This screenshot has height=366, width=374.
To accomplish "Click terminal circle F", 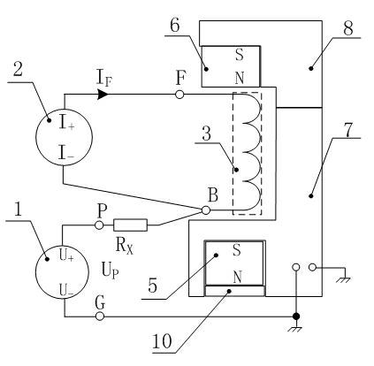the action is pos(179,95).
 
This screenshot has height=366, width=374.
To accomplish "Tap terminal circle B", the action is pos(206,210).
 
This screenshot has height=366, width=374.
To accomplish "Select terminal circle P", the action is pos(99,225).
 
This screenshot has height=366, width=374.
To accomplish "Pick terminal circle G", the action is pos(100,316).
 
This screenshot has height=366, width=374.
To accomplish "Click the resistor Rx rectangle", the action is pos(130,225).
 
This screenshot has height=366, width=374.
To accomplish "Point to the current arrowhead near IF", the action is pos(103,95).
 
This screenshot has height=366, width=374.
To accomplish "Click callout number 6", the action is pos(175,26).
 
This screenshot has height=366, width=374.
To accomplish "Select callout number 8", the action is pos(347,28).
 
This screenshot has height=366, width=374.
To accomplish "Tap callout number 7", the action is pos(348,130).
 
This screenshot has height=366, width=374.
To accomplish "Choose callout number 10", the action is pos(162,341).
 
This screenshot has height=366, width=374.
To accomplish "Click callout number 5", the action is pos(153,286).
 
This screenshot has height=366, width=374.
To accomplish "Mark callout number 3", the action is pos(207,133).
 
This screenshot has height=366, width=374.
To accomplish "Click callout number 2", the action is pos(18,70).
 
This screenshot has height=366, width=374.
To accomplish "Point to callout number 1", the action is pos(19,210).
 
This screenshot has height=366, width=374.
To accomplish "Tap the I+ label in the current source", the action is pos(66,122).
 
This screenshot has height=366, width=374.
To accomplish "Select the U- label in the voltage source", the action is pos(66,289).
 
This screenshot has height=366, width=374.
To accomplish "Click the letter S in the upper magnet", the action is pos(240,55).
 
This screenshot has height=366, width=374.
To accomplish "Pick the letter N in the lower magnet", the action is pos(238,278).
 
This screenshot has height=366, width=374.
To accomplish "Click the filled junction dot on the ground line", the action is pos(296,316).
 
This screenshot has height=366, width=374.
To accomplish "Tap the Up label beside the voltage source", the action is pos(111,271).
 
